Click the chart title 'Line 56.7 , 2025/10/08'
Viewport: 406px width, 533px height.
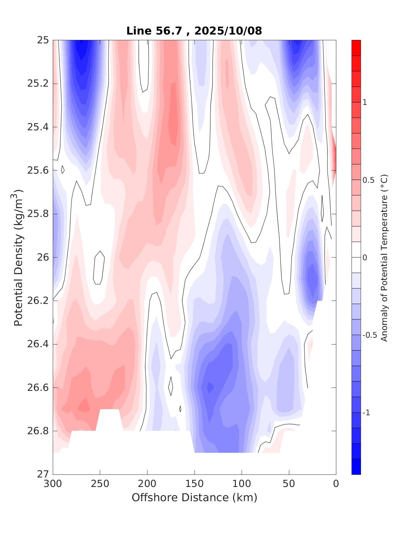(194, 31)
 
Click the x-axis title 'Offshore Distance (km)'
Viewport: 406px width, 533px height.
(194, 497)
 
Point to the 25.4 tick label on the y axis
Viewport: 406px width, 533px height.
(38, 127)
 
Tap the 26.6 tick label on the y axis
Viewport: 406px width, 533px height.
(38, 387)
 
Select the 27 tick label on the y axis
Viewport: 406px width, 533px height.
(43, 474)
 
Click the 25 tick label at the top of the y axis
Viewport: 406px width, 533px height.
(43, 40)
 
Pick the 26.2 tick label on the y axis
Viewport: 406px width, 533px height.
(38, 301)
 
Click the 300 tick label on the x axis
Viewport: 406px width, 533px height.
(53, 484)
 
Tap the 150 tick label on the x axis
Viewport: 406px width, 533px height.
(195, 484)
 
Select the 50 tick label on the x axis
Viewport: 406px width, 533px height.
(289, 484)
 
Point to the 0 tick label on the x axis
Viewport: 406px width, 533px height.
(336, 484)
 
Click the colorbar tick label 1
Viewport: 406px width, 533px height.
(365, 102)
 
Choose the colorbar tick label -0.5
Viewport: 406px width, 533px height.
(369, 335)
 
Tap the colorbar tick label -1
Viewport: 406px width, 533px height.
(366, 413)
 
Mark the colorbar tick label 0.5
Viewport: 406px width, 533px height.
(368, 180)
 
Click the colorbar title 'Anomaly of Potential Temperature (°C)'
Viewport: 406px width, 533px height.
(384, 257)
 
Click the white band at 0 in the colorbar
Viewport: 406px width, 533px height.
(356, 257)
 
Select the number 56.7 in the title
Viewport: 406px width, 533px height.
(174, 31)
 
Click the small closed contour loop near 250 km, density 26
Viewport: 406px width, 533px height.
(98, 268)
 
